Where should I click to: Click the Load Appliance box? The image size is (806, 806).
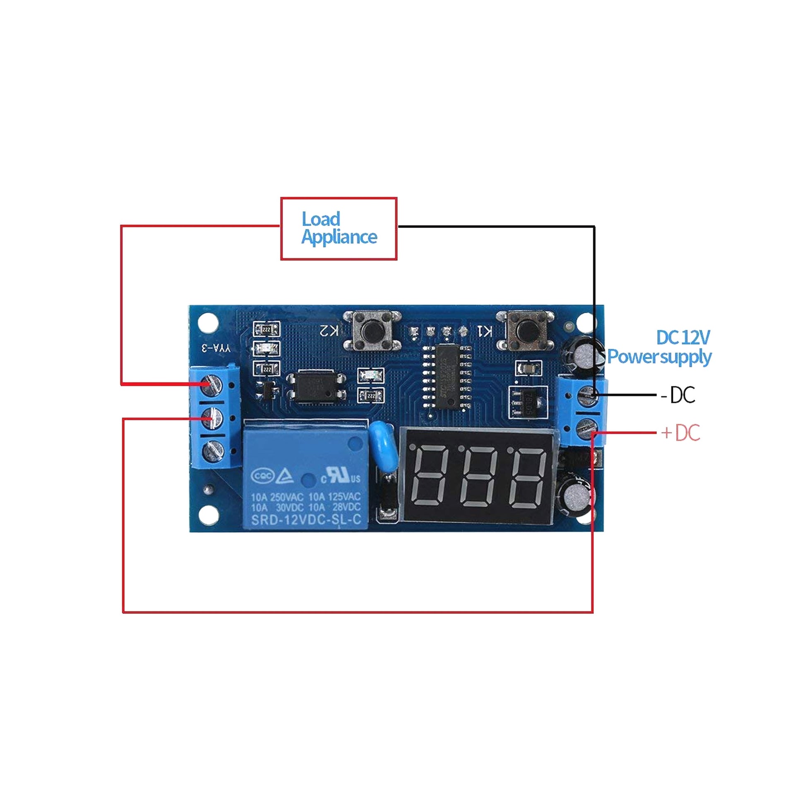coord(338,229)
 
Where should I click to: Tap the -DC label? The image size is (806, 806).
coord(678,395)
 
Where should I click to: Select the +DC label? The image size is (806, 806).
coord(680,433)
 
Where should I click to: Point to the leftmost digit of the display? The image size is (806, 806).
coord(430,477)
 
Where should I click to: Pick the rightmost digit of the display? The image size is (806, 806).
coord(528,477)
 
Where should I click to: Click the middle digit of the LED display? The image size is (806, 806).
coord(478,477)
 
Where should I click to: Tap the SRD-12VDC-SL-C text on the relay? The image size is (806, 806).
coord(306,519)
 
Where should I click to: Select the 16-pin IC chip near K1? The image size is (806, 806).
coord(447,377)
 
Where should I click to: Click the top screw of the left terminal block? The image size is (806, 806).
coord(212,384)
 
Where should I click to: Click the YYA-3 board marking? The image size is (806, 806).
coord(216,348)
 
